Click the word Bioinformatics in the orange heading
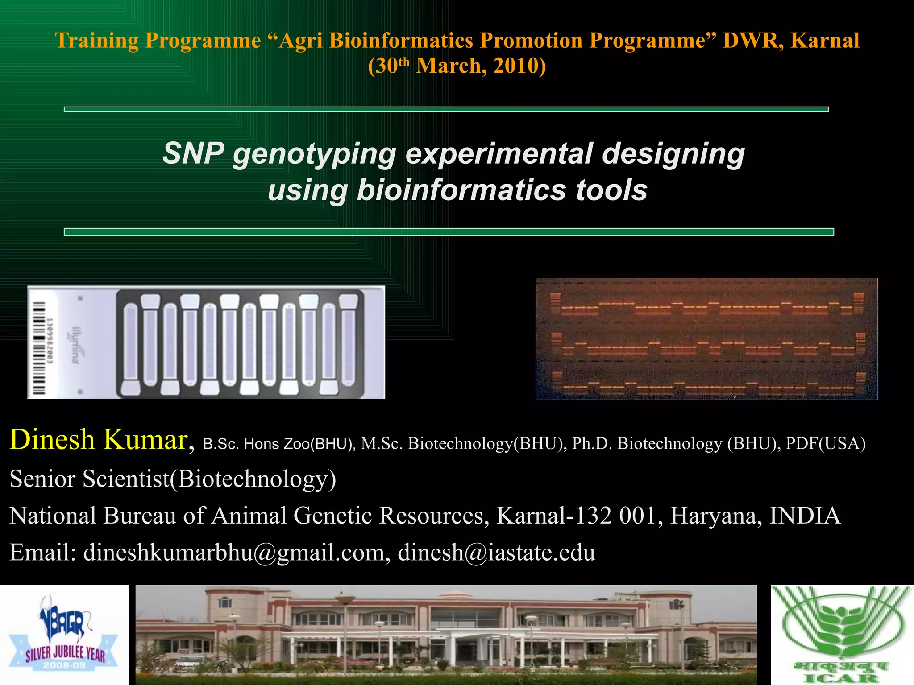[401, 41]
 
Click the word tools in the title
[611, 190]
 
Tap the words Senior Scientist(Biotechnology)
[173, 479]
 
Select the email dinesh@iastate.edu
[496, 553]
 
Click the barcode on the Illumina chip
[39, 342]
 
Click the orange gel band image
[706, 339]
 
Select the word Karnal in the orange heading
[825, 41]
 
